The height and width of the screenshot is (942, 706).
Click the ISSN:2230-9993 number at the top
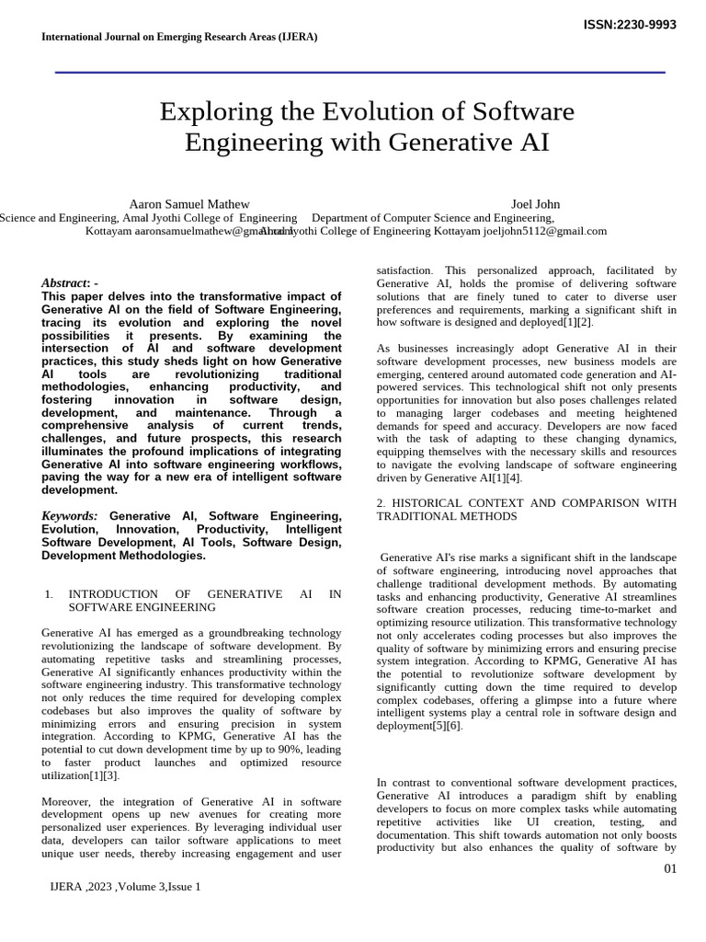coord(630,24)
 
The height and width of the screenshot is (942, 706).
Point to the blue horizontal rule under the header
coord(359,72)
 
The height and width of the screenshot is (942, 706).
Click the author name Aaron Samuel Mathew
coord(188,203)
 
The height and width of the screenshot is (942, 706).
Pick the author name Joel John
coord(535,203)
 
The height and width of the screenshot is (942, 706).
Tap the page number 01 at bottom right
coord(669,869)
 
